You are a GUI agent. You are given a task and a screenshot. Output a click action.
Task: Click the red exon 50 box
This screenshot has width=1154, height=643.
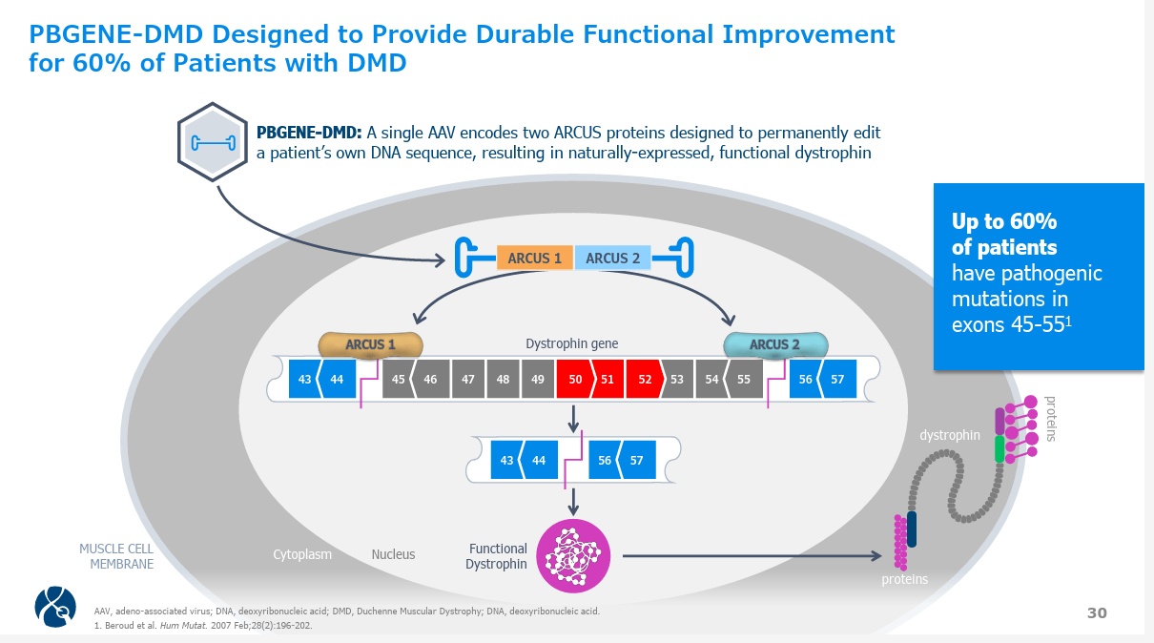click(574, 379)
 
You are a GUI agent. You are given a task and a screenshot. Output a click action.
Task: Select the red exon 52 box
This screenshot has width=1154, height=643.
click(645, 379)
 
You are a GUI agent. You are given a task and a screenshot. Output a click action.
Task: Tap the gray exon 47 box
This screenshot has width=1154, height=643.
click(467, 379)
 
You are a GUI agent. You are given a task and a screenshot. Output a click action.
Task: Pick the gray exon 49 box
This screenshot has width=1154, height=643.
click(538, 379)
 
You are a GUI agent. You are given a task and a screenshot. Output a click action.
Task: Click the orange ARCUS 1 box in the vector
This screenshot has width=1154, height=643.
click(534, 258)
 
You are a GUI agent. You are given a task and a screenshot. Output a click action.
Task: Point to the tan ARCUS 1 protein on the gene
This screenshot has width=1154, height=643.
click(371, 344)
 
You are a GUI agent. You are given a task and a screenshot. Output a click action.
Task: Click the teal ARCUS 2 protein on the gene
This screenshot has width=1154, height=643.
click(775, 344)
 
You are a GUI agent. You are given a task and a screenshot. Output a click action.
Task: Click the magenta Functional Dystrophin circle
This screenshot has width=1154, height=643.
click(573, 556)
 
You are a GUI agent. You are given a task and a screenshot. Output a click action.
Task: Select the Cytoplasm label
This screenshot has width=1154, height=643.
click(302, 554)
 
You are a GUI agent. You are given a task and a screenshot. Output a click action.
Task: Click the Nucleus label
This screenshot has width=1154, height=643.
click(393, 554)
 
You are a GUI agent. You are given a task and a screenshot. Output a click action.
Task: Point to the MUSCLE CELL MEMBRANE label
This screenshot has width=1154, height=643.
click(115, 556)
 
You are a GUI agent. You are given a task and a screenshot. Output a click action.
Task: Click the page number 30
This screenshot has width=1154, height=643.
click(1097, 613)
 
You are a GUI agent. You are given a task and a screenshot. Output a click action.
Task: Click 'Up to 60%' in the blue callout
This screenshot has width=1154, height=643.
click(1004, 221)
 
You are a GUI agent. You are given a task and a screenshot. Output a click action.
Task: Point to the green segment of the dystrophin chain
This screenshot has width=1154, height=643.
click(999, 448)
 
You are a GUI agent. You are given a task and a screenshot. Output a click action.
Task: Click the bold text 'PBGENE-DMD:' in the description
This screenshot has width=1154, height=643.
click(309, 133)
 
